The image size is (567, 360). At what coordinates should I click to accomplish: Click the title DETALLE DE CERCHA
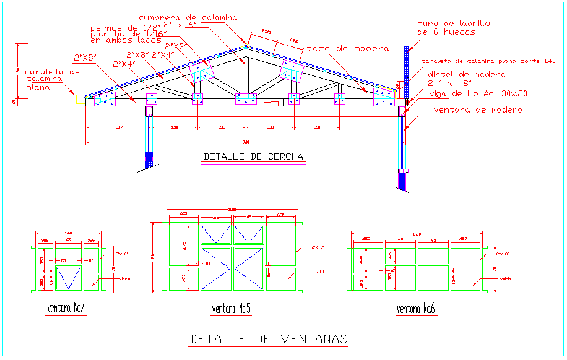click(x=254, y=157)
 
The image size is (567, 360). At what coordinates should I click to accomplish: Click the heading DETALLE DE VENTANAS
click(x=268, y=339)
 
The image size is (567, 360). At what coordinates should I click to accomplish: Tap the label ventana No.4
click(x=66, y=307)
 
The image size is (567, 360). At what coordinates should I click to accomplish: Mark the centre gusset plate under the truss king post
click(x=246, y=99)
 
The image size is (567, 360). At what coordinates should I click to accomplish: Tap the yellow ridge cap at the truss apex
click(x=246, y=46)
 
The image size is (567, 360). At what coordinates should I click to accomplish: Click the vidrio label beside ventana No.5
click(x=320, y=272)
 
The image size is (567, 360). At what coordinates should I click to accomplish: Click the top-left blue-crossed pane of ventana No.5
click(x=215, y=234)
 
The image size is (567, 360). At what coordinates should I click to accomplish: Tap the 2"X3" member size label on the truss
click(x=176, y=46)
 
